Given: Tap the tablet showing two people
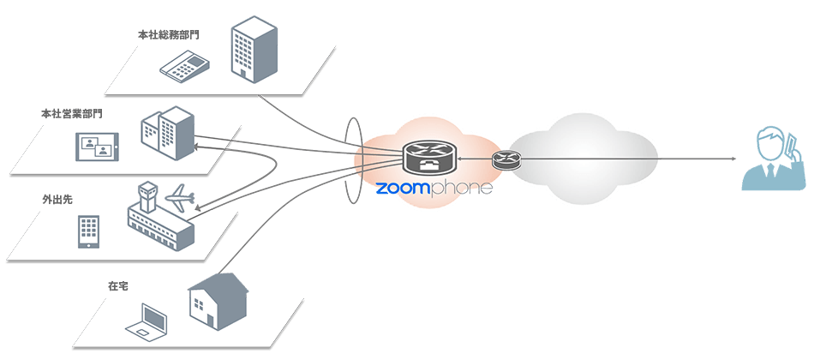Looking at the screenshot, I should point(96,147).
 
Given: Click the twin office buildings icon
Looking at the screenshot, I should point(166,133).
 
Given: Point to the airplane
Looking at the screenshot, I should point(182,197).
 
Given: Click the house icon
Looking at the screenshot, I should point(218,299).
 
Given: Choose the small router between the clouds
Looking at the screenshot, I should point(506,159).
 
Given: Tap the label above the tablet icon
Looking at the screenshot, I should point(65,113).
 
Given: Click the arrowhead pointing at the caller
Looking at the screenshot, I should point(733,159).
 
